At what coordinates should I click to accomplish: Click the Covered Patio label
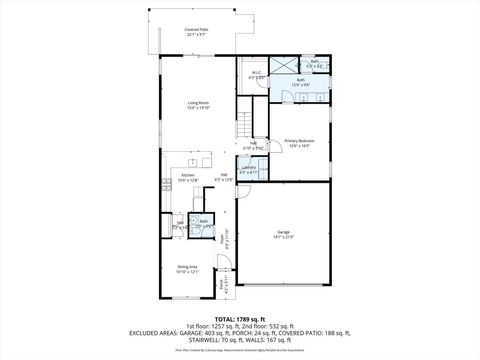coord(196,30)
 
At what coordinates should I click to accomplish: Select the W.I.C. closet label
coord(256,72)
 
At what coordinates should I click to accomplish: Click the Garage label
coord(284,232)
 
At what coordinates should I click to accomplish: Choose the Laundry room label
coord(248,168)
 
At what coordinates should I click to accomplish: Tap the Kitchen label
coord(188,175)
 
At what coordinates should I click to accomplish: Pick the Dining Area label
coord(187,265)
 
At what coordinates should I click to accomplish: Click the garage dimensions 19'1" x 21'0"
coord(284,238)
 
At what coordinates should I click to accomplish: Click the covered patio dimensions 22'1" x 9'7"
coord(196,35)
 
